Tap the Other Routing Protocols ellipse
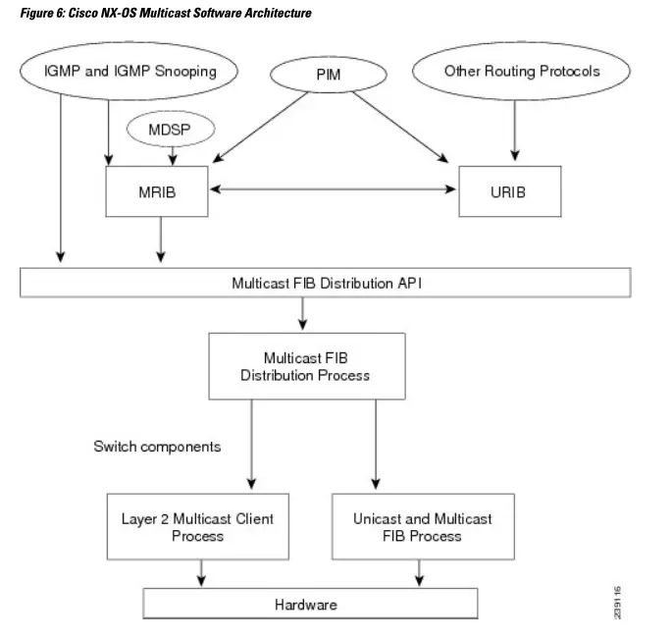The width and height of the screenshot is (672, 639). [x=521, y=72]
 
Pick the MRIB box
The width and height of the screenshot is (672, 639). [x=156, y=191]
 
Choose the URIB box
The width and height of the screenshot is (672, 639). [x=508, y=191]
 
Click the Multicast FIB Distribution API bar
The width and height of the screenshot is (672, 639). [x=325, y=282]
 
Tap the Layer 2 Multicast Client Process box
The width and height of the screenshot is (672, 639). [x=197, y=527]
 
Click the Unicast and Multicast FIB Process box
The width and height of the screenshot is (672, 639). [x=423, y=527]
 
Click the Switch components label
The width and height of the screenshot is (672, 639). [x=157, y=447]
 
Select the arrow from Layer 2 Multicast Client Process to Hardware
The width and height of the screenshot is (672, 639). [x=202, y=572]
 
